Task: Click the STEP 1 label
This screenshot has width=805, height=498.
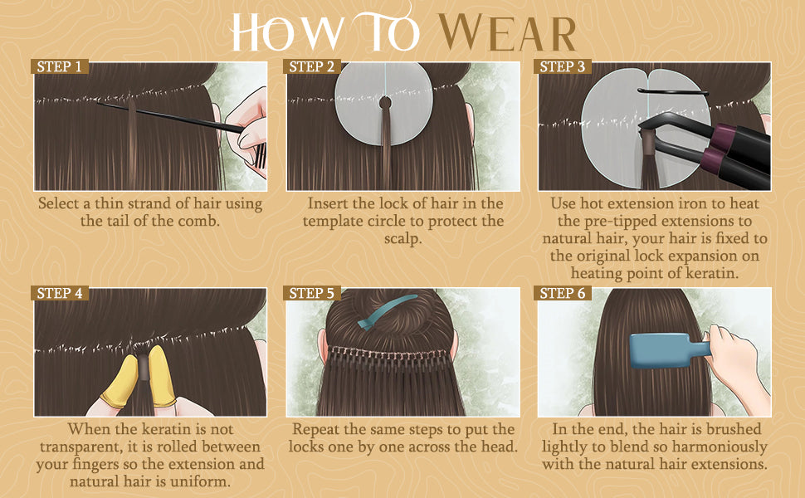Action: pyautogui.click(x=60, y=66)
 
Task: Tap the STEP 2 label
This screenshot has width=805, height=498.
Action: pyautogui.click(x=312, y=66)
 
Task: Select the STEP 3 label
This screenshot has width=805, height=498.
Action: pyautogui.click(x=562, y=66)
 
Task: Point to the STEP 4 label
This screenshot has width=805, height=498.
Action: pyautogui.click(x=60, y=293)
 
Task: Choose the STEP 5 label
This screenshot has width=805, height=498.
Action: pyautogui.click(x=312, y=293)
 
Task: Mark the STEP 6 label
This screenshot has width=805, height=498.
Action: pyautogui.click(x=562, y=293)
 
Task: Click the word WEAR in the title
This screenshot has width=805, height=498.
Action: pyautogui.click(x=507, y=33)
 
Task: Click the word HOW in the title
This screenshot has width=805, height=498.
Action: pyautogui.click(x=286, y=32)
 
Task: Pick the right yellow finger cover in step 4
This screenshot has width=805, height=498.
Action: pyautogui.click(x=161, y=376)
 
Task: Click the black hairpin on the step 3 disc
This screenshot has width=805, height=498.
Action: pyautogui.click(x=672, y=92)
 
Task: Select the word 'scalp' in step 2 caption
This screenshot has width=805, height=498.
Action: pyautogui.click(x=402, y=239)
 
